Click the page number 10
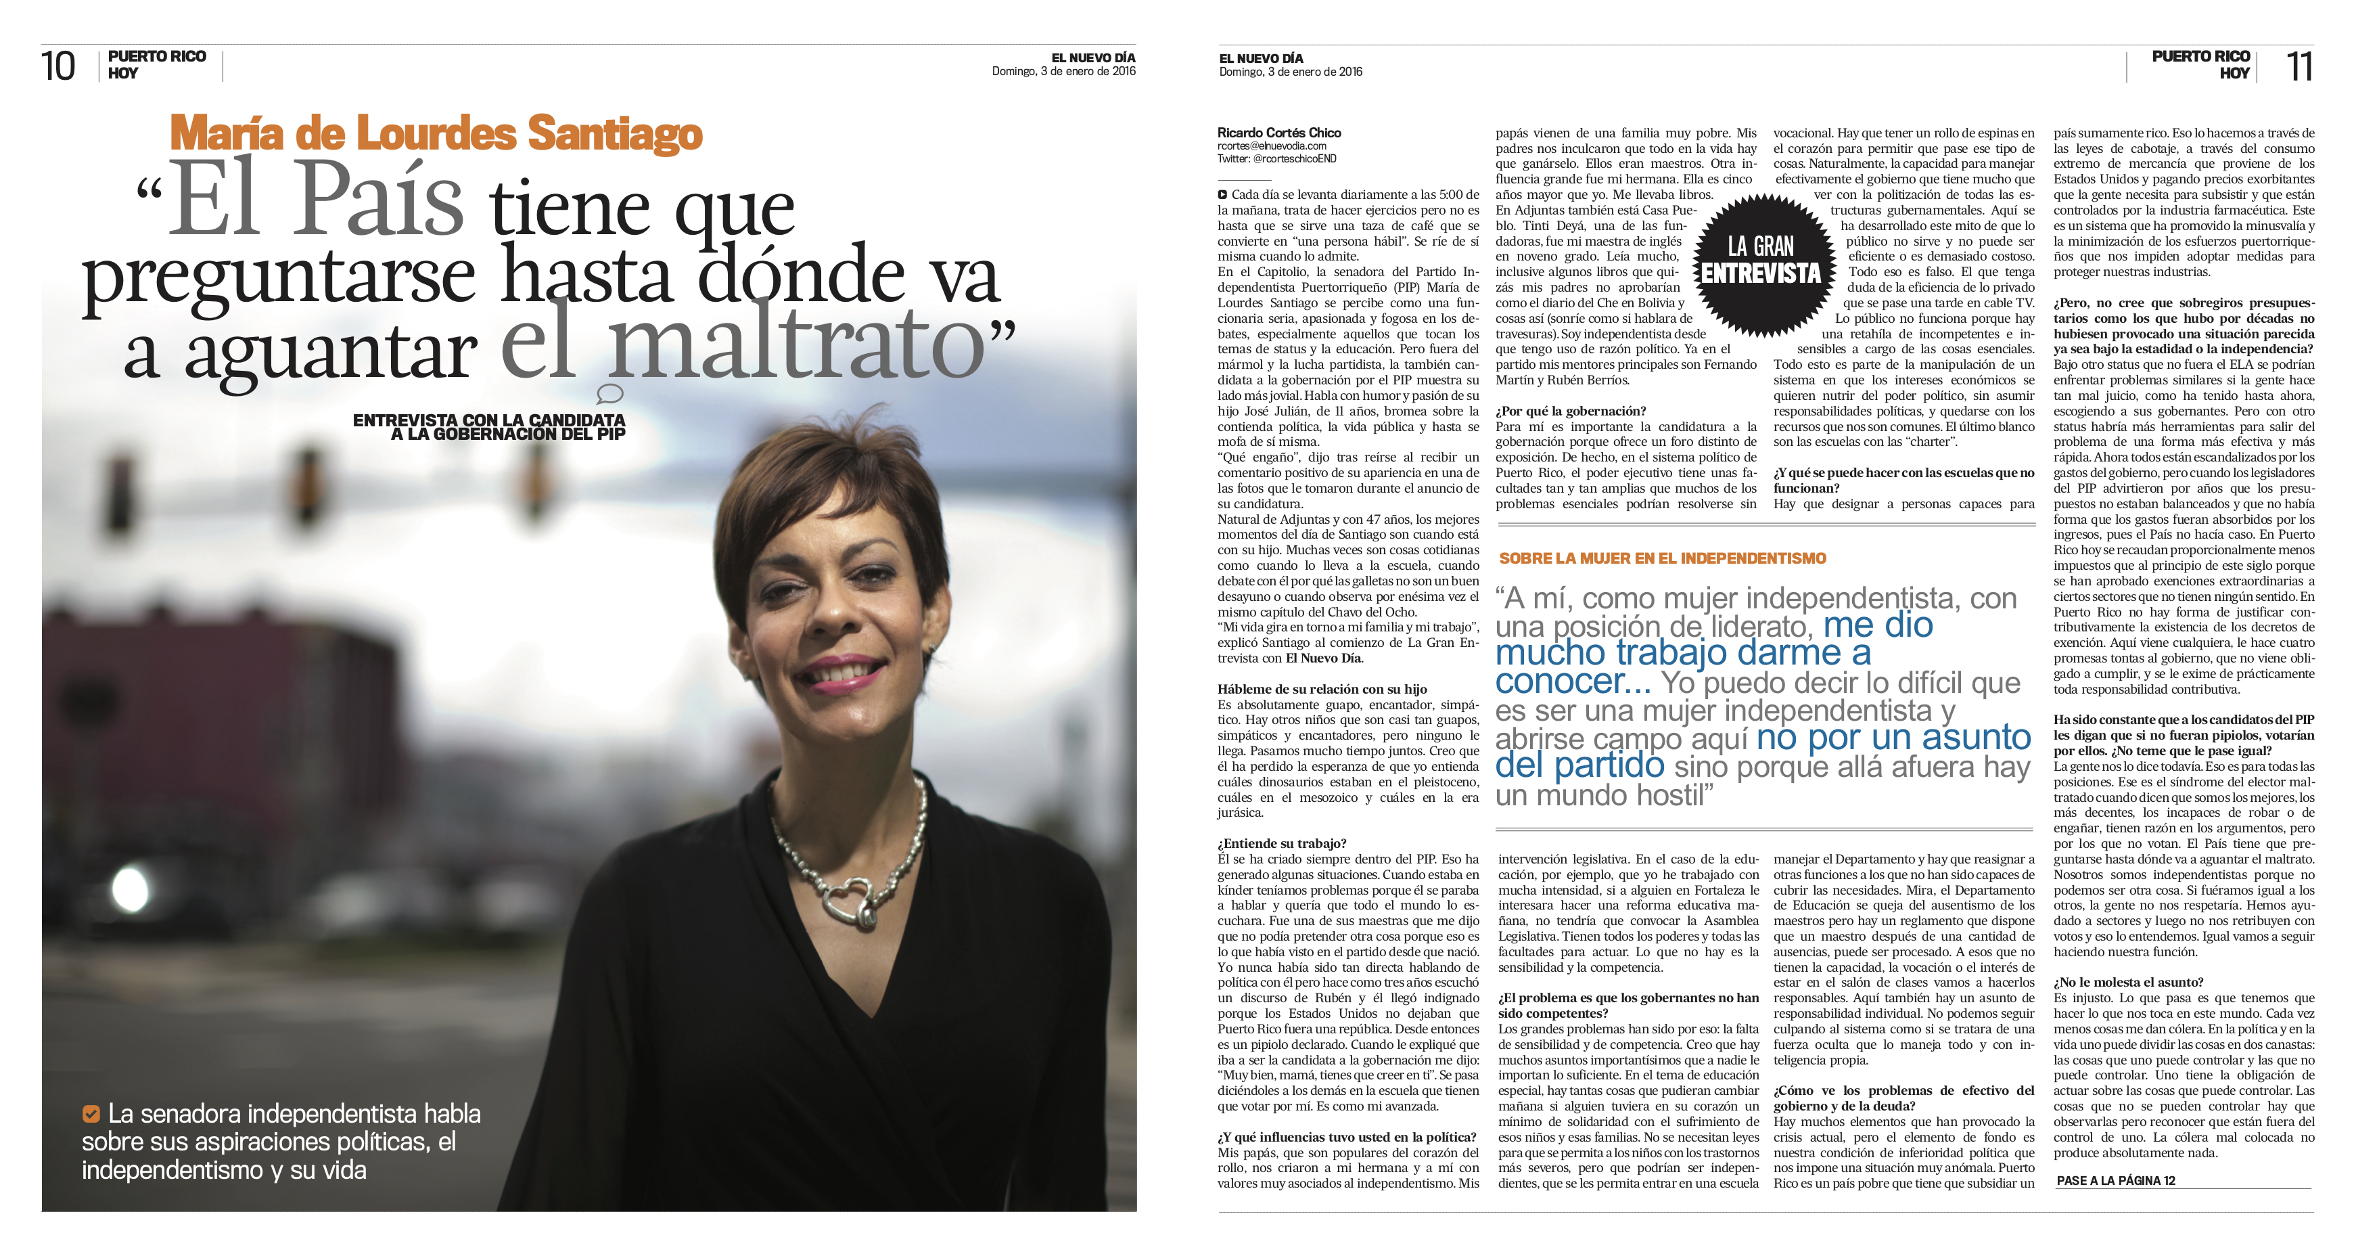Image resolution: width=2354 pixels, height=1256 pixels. [x=58, y=66]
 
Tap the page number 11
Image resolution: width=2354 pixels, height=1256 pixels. [x=2299, y=66]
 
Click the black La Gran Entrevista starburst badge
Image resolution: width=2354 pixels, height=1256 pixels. [x=1761, y=261]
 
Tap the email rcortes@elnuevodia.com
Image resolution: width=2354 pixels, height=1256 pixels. [x=1271, y=146]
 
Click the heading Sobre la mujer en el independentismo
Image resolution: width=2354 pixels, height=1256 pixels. [x=1662, y=558]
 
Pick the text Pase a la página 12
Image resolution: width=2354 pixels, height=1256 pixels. [x=2115, y=1180]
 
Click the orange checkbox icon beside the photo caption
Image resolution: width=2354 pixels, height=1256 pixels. [x=91, y=1113]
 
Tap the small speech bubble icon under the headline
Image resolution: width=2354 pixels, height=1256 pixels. [x=609, y=394]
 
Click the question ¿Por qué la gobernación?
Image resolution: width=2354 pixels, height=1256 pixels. [x=1570, y=411]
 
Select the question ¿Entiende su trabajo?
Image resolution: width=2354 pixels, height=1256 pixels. [x=1281, y=844]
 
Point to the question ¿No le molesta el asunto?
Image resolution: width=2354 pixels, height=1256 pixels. [x=2128, y=983]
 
